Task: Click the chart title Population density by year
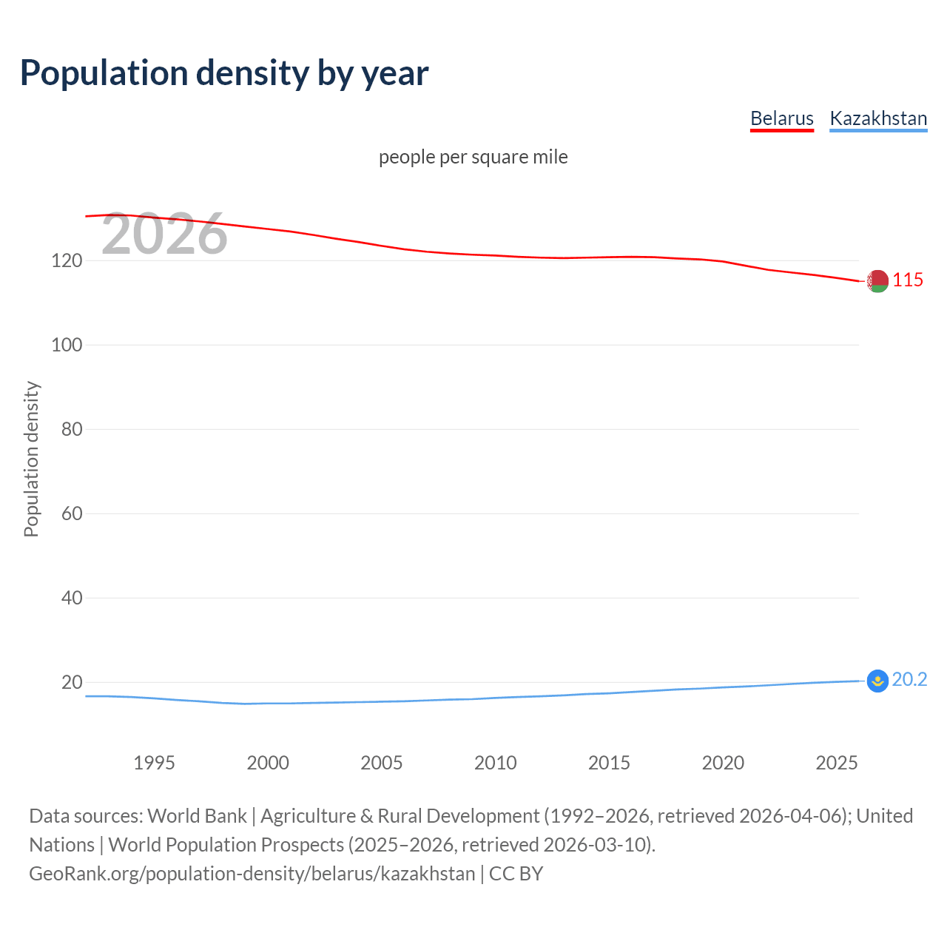coord(224,73)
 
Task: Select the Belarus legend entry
coord(781,118)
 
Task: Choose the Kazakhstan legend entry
coord(878,118)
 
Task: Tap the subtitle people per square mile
coord(473,157)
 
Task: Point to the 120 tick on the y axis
coord(67,260)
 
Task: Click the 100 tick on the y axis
coord(67,345)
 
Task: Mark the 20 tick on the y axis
coord(71,682)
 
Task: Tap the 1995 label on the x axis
coord(154,763)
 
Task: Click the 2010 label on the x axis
coord(495,763)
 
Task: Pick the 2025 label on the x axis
coord(836,763)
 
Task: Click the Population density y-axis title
coord(31,459)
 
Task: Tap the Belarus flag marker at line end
coord(877,281)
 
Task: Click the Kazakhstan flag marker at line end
coord(877,681)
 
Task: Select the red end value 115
coord(908,280)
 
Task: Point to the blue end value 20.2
coord(909,679)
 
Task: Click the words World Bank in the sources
coord(197,815)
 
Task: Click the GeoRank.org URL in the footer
coord(252,873)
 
